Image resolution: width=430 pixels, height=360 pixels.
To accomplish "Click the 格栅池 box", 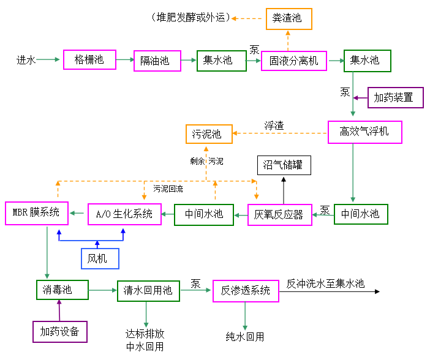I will [89, 59].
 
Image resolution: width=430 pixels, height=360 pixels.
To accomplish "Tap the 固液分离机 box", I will [294, 61].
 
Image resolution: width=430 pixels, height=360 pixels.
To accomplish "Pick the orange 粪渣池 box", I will [289, 18].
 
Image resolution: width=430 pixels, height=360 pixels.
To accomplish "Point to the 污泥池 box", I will [208, 133].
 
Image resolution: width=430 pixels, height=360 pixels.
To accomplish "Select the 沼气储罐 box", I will [284, 165].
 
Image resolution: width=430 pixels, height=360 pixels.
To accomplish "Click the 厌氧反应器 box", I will [280, 214].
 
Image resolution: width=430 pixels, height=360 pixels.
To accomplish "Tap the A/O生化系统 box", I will [124, 214].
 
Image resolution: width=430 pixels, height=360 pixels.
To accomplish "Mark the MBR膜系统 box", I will [36, 212].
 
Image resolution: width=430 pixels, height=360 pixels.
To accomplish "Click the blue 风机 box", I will [100, 258].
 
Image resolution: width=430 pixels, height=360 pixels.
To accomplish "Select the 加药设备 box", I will [60, 331].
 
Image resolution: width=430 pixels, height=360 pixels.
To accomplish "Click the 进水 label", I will [26, 60].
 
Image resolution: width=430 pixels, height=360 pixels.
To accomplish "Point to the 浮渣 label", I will [274, 126].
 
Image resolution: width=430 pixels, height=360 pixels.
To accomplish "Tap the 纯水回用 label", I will [245, 337].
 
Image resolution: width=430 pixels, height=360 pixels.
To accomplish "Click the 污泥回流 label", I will [168, 189].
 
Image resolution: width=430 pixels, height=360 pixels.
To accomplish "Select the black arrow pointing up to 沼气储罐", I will [284, 190].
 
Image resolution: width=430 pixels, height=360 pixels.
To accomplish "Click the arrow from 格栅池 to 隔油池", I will [124, 59].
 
